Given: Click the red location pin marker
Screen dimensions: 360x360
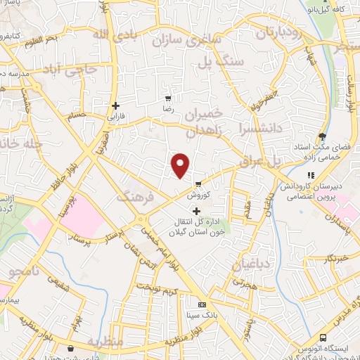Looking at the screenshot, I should (x=181, y=165).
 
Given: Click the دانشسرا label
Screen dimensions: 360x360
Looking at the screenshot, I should (x=259, y=129).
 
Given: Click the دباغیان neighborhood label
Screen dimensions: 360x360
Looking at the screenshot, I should (x=251, y=265).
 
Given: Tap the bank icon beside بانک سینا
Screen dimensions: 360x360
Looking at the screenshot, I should (x=202, y=305).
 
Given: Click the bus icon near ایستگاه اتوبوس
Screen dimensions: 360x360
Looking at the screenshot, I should (x=323, y=337).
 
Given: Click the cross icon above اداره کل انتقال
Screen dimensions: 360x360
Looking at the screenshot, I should (x=196, y=211).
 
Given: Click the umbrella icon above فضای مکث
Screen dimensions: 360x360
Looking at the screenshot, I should (x=323, y=136).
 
